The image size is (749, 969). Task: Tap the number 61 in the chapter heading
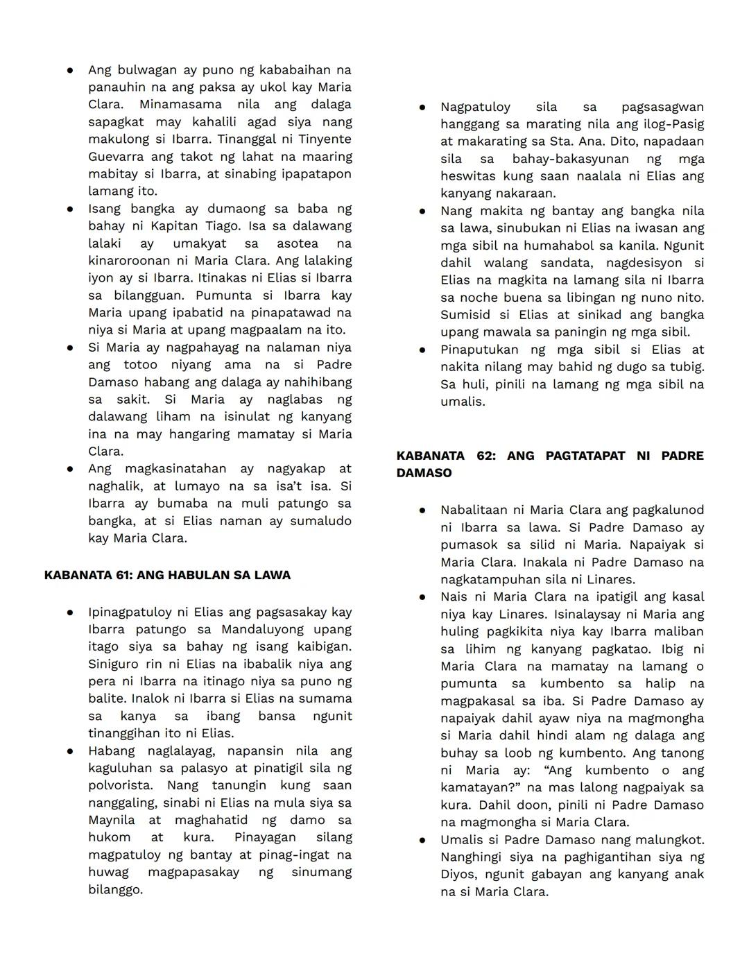[x=121, y=575]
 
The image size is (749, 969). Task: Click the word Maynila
[x=112, y=820]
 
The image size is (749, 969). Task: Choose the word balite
[x=107, y=698]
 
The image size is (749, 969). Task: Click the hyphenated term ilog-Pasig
[x=671, y=124]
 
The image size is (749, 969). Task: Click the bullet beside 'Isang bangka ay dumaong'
[x=70, y=209]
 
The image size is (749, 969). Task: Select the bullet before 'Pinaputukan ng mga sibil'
[x=422, y=350]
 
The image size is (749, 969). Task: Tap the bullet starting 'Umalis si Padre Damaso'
[x=422, y=839]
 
